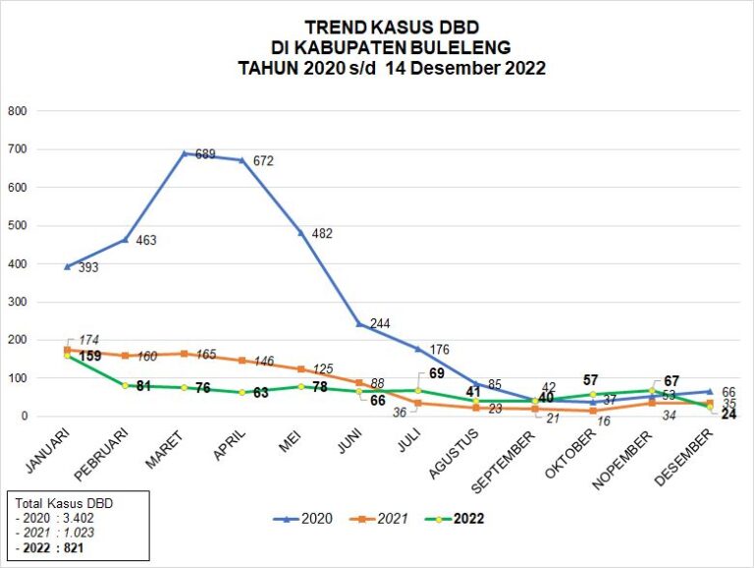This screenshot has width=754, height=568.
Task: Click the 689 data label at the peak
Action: tap(204, 154)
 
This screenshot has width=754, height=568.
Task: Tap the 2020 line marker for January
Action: tap(67, 266)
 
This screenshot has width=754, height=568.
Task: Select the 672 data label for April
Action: tap(262, 161)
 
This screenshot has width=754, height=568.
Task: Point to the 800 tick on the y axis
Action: tap(17, 111)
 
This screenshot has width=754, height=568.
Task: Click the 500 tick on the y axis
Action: tap(17, 226)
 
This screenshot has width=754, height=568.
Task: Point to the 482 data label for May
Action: tap(321, 234)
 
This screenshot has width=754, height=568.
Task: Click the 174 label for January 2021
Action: tap(76, 340)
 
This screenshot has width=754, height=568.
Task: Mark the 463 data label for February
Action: tap(145, 240)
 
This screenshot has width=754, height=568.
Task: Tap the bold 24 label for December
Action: tap(729, 414)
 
